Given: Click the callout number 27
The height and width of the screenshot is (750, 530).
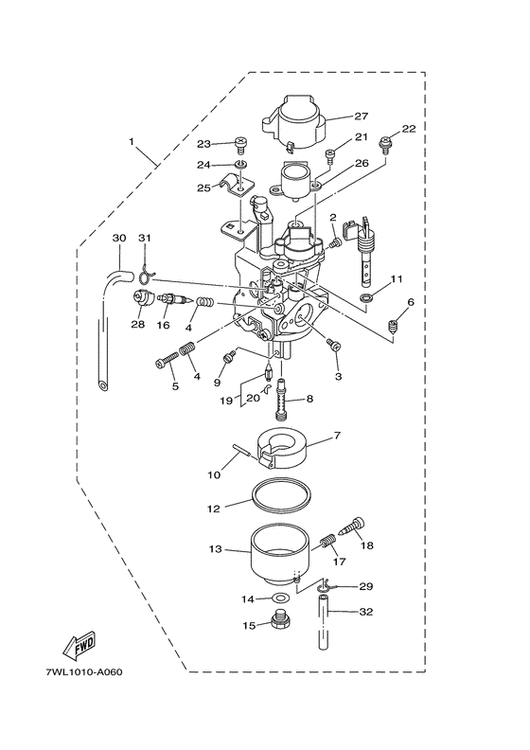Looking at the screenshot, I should (x=361, y=117).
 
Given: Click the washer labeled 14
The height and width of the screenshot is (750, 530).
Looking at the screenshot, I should (x=280, y=598).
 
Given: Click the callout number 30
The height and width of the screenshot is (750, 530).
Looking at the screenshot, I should (x=118, y=237).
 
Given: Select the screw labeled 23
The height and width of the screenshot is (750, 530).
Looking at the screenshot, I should (x=239, y=145).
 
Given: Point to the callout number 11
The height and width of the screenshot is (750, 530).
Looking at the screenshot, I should (x=397, y=279).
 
